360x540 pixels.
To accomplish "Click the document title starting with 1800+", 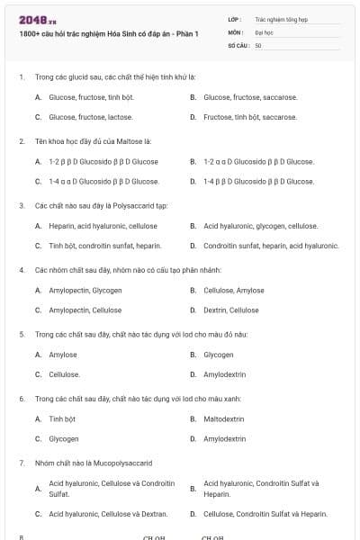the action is coord(109,35).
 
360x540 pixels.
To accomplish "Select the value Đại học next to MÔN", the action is coord(264,31).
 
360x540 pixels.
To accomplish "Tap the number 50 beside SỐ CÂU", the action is coord(258,45).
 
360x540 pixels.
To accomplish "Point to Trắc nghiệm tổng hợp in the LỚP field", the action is coord(278,18).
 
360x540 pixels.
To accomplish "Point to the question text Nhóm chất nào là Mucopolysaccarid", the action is coord(94,463).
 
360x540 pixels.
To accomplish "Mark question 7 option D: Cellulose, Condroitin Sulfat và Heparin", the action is coord(265,514).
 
